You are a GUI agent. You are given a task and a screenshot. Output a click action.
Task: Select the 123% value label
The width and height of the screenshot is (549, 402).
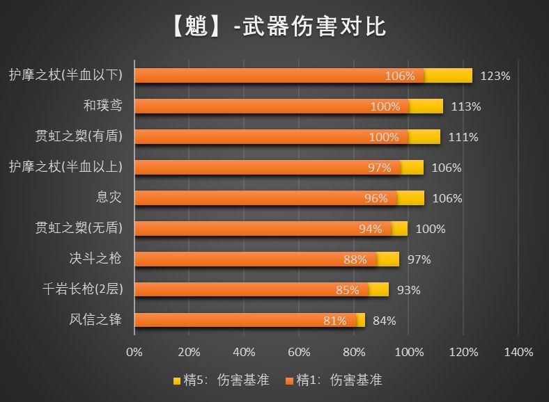495,76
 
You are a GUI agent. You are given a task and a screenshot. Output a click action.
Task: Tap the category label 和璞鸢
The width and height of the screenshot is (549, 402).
102,106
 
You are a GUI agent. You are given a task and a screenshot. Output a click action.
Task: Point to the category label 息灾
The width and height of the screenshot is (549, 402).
109,198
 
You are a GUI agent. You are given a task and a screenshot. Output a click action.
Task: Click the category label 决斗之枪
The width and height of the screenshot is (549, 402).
95,259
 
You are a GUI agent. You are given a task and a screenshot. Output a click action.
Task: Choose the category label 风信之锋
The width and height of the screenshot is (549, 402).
95,320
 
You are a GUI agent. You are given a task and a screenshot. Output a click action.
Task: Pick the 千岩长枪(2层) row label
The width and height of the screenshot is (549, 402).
82,289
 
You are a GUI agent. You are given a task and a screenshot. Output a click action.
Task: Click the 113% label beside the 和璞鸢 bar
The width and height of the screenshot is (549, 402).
466,106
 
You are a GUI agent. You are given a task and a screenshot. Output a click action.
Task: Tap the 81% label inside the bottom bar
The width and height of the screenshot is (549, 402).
335,321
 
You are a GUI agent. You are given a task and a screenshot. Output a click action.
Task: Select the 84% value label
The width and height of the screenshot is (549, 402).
385,321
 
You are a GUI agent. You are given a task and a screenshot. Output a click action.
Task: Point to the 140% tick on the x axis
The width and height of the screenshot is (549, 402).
518,352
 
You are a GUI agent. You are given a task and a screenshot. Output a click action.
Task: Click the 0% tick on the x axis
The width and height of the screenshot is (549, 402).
134,352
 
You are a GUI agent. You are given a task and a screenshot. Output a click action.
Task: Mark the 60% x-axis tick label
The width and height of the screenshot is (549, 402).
299,352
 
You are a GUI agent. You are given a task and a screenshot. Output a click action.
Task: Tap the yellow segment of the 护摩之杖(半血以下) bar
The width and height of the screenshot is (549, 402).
448,75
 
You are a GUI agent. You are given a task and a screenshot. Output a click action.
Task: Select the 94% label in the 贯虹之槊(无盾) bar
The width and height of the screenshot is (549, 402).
370,229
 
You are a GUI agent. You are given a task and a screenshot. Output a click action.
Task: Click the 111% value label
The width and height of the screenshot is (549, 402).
463,137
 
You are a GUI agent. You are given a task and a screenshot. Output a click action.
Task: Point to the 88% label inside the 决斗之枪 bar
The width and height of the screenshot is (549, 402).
355,259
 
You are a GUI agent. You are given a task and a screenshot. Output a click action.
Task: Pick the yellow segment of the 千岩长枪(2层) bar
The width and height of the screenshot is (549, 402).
378,289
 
